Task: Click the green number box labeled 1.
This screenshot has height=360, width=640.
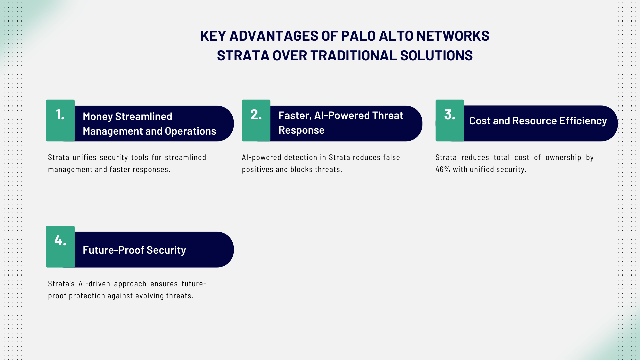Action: pyautogui.click(x=60, y=120)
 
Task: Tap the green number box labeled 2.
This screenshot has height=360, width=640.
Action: pyautogui.click(x=256, y=120)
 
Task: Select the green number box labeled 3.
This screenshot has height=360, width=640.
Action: pyautogui.click(x=450, y=120)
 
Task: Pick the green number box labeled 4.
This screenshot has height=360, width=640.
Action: pyautogui.click(x=60, y=246)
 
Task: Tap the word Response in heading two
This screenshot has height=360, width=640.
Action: pyautogui.click(x=301, y=130)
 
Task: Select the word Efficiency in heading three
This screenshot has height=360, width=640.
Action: pyautogui.click(x=583, y=121)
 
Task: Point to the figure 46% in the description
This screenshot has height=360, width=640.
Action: pyautogui.click(x=443, y=169)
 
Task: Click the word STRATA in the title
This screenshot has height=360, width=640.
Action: pyautogui.click(x=243, y=56)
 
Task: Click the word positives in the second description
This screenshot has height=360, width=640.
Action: pyautogui.click(x=257, y=169)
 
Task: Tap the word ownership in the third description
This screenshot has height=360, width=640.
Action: pyautogui.click(x=563, y=157)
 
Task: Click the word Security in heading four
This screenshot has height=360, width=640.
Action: pyautogui.click(x=166, y=250)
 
